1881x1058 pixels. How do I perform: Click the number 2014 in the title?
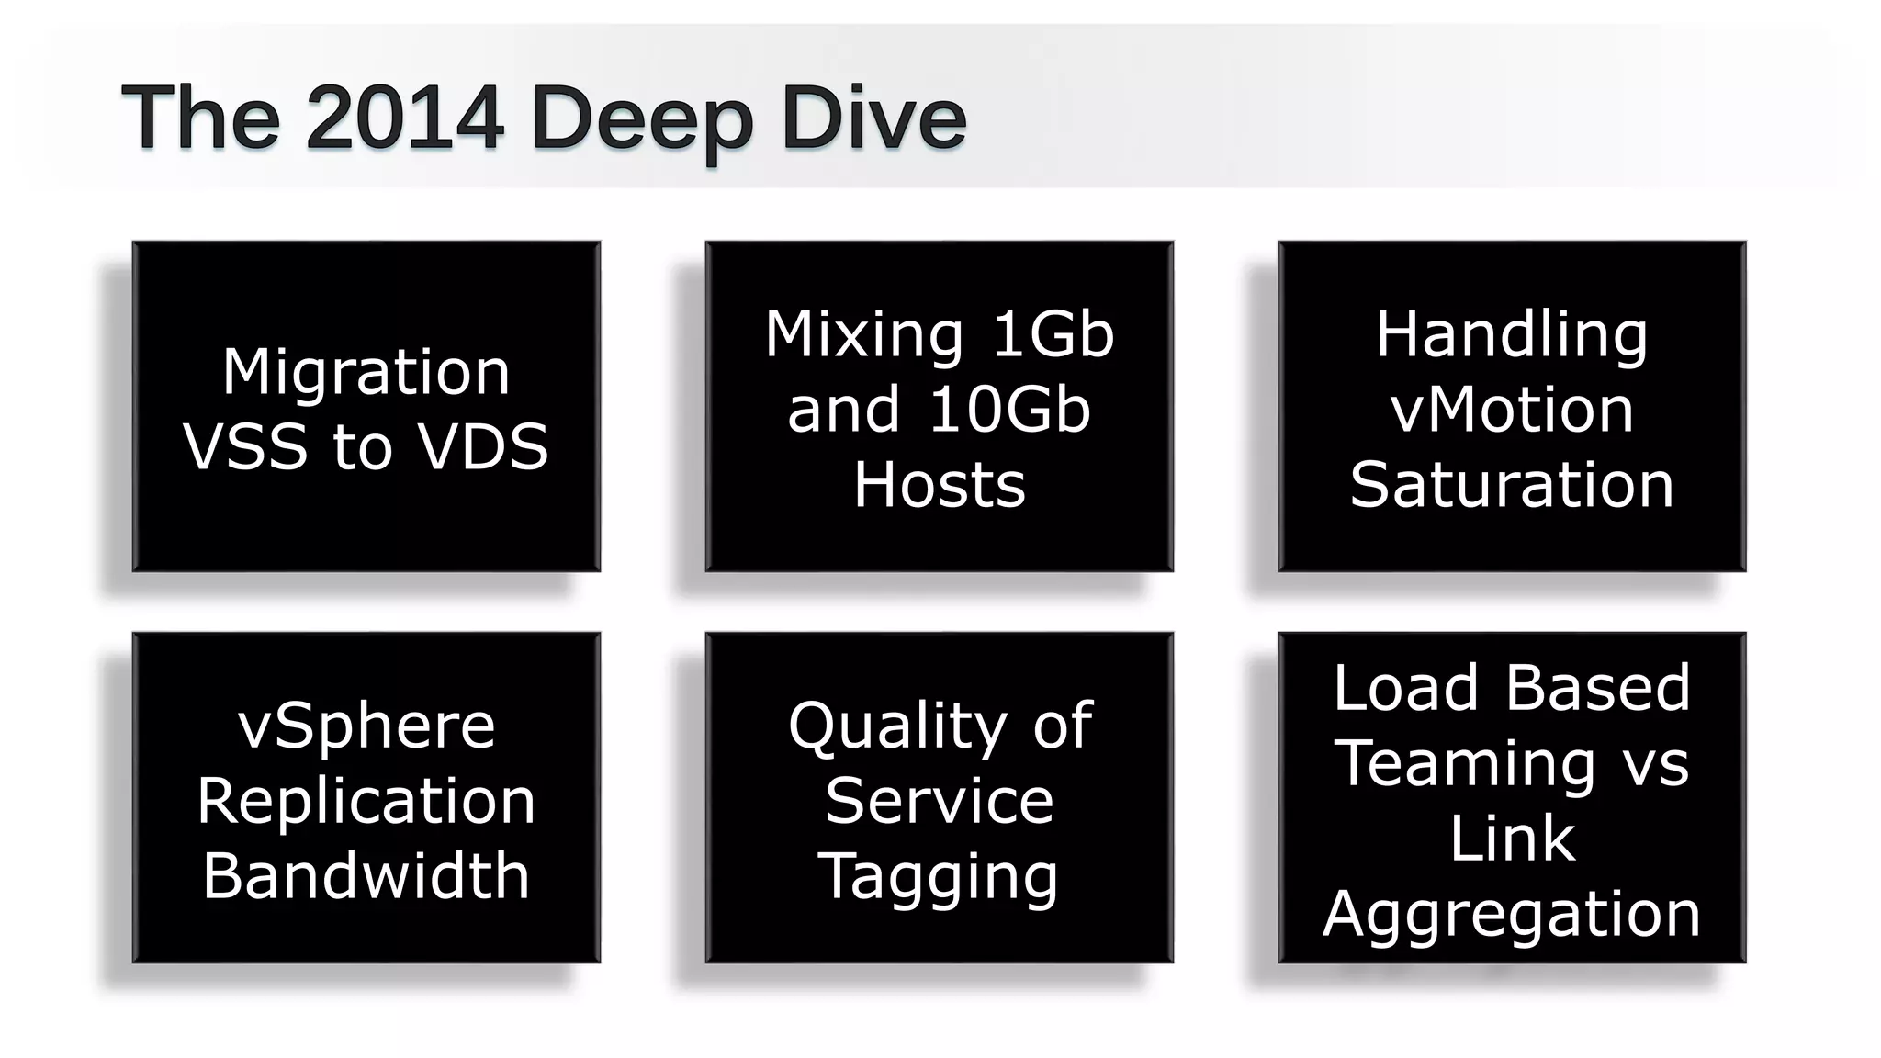pos(404,117)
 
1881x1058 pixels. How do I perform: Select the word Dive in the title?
pos(873,117)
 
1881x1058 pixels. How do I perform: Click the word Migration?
pos(366,372)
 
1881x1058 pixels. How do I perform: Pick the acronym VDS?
pos(482,447)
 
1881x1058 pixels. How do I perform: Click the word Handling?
pos(1511,336)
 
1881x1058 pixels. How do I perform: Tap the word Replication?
pos(366,801)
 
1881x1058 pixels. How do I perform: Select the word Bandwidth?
pos(366,875)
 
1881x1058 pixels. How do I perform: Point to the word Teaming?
pos(1465,764)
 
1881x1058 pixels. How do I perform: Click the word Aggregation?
pos(1511,916)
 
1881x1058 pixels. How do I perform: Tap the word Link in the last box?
pos(1511,839)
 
